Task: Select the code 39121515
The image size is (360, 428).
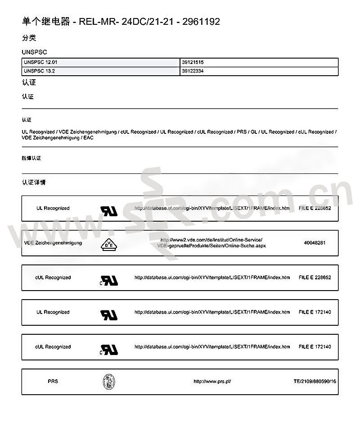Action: point(193,63)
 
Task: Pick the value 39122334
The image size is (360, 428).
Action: point(193,71)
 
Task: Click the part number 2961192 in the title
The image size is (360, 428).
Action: point(201,22)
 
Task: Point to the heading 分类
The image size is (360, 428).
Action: point(29,38)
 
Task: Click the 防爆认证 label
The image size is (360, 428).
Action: point(31,159)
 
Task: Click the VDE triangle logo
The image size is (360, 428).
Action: point(108,243)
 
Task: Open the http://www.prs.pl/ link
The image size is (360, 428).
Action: point(212,382)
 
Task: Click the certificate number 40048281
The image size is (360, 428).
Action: point(315,243)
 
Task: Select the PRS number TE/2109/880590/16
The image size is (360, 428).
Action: point(315,382)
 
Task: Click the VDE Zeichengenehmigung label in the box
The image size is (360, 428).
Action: point(53,243)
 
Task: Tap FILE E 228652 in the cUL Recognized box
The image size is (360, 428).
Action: point(315,278)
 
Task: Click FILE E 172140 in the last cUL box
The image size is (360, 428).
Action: point(315,347)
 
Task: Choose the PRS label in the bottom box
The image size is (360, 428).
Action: point(53,382)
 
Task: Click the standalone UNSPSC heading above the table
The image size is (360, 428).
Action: point(34,52)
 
